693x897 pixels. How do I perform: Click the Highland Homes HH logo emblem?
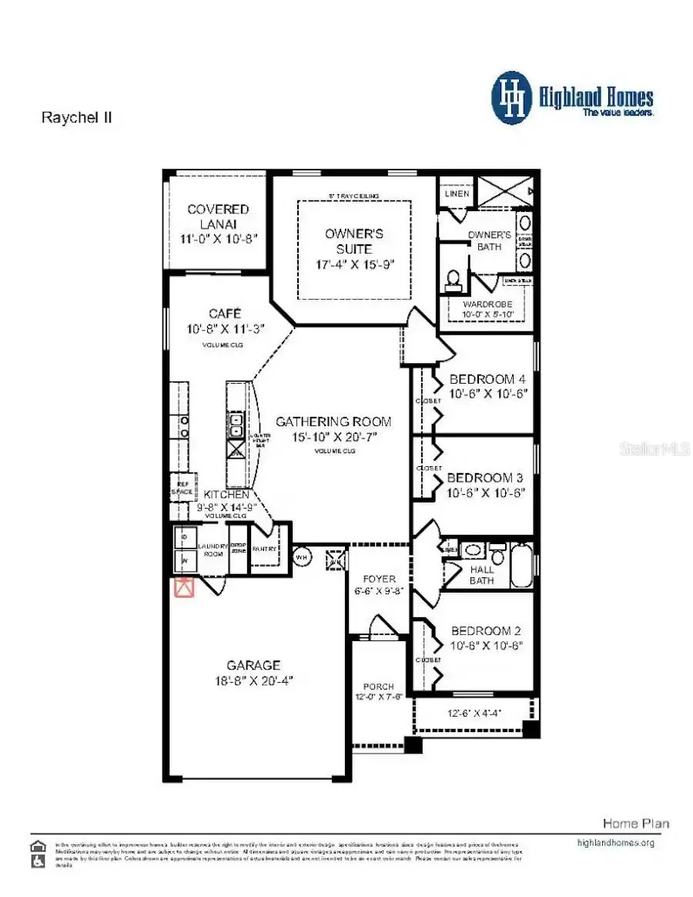(512, 98)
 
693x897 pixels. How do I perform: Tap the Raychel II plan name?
(76, 119)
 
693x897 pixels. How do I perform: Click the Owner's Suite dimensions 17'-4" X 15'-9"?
(353, 264)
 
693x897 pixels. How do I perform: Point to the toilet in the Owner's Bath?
(453, 279)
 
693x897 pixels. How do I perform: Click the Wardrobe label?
(487, 304)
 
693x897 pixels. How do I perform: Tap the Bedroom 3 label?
(485, 478)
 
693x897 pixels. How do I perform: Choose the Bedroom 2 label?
(487, 630)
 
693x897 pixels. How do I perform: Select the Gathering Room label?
(333, 422)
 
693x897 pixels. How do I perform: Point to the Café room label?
(225, 314)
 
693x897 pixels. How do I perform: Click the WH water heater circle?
(302, 556)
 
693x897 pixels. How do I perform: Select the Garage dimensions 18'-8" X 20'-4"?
(253, 681)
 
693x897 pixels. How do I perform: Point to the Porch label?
(379, 687)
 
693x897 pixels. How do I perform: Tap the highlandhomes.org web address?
(615, 843)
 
